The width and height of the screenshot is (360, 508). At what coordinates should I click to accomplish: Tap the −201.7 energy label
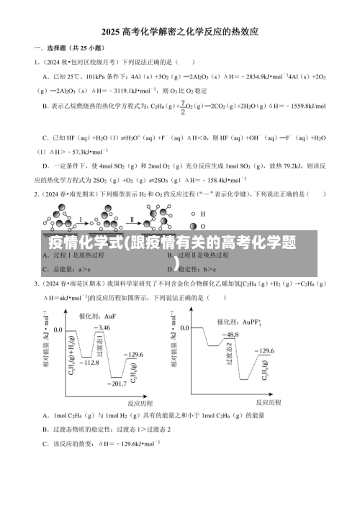115,385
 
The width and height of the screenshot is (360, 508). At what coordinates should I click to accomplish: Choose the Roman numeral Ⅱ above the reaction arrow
132,219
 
